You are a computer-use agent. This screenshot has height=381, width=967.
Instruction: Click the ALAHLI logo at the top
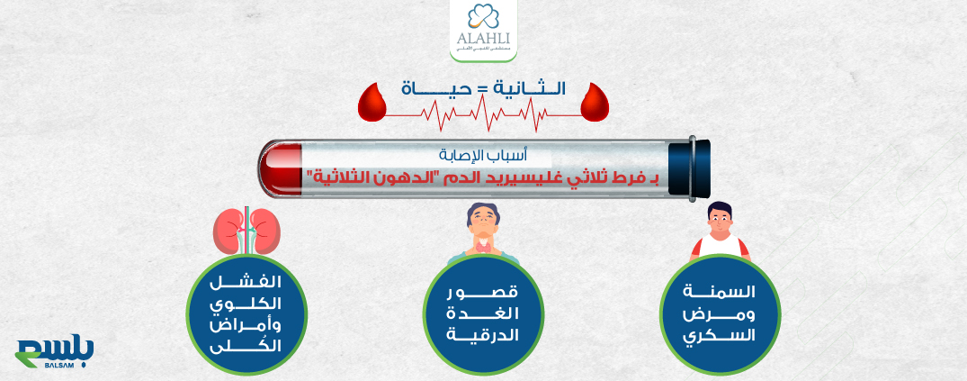pos(483,31)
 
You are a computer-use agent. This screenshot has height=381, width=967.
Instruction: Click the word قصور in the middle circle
pos(483,294)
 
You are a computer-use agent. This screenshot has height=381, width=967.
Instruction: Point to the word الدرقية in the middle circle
pos(483,335)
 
